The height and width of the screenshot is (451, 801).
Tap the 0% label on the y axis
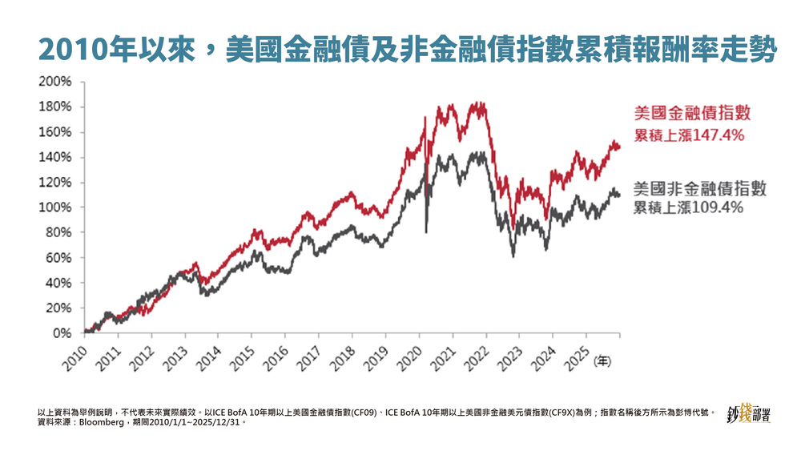[62, 333]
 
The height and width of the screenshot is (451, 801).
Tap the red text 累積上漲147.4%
[690, 135]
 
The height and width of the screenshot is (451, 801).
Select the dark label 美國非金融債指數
[700, 189]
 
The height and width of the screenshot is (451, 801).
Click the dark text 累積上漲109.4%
[690, 208]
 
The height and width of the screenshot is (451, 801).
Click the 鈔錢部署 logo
[748, 415]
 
